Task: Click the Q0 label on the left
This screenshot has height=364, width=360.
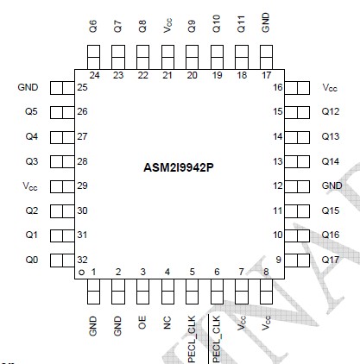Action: pos(31,260)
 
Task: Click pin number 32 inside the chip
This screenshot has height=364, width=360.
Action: pos(83,260)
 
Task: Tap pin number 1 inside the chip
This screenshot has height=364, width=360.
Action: pos(93,272)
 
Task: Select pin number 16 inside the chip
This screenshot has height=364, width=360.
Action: pos(278,88)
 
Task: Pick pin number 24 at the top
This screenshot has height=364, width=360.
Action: pos(93,76)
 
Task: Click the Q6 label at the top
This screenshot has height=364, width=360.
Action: pos(93,25)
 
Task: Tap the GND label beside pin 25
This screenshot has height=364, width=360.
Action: pos(28,88)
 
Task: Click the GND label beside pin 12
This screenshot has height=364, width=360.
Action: pos(332,186)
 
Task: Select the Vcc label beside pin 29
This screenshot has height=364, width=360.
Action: pos(30,186)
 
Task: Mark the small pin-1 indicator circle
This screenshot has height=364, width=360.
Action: pos(81,273)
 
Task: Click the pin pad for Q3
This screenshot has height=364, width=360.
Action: pos(60,161)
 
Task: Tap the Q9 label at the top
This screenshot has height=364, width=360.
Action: pos(192,25)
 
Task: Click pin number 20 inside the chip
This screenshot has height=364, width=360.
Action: pos(192,76)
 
